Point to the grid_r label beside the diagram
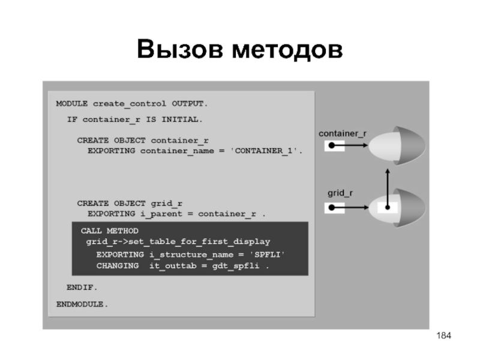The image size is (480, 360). (340, 194)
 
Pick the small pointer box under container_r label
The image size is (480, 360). (332, 146)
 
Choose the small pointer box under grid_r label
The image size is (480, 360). (332, 208)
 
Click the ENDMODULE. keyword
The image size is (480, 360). (82, 304)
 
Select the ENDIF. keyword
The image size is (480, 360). (82, 287)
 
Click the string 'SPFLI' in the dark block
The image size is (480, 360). (267, 255)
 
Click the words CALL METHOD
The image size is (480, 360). (110, 231)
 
